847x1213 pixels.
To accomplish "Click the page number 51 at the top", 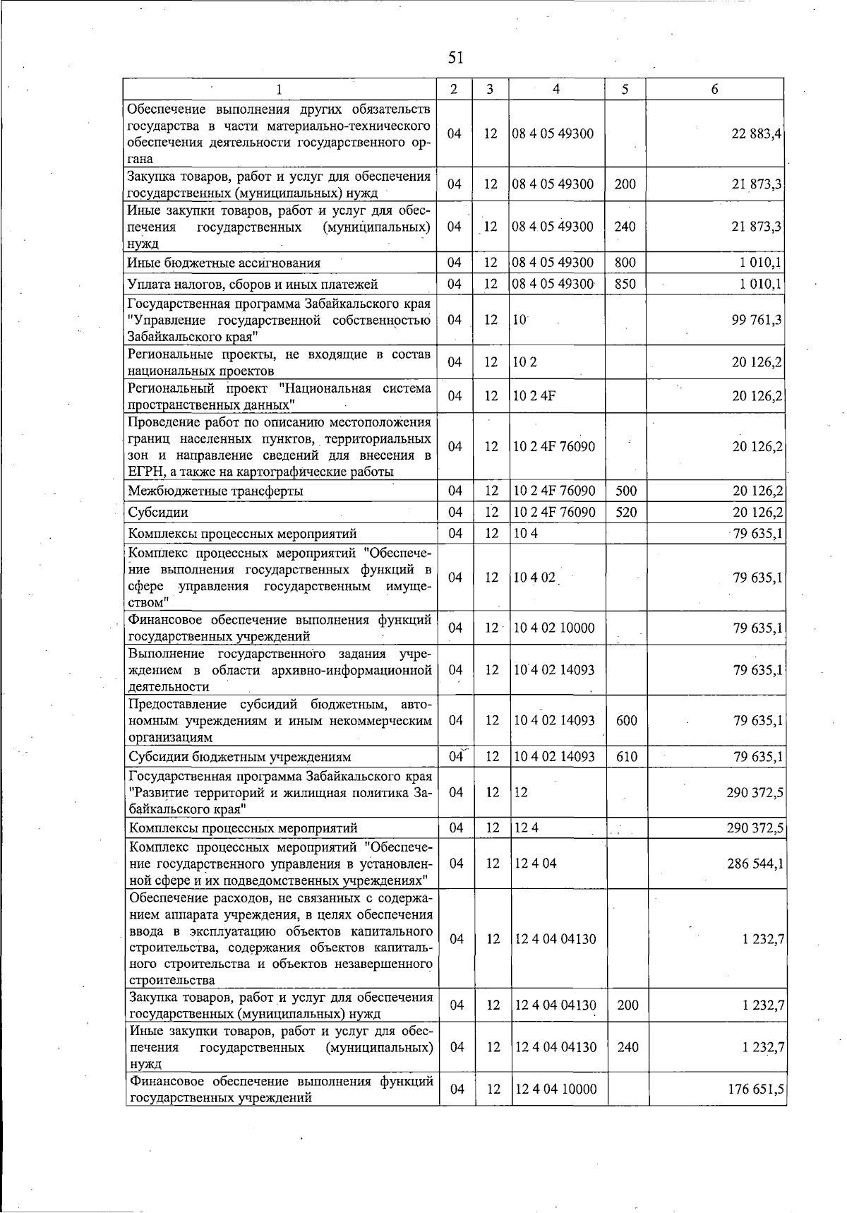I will click(455, 57).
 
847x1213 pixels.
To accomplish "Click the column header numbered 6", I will click(715, 90).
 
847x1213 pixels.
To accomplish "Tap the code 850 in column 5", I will click(625, 285).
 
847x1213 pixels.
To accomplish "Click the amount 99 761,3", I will click(757, 320).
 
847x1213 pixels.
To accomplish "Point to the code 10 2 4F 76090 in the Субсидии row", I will click(554, 513).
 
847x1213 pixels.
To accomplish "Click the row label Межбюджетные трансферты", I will click(216, 491).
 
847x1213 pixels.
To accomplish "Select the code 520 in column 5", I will click(626, 513).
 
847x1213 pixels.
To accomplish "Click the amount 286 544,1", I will click(755, 864).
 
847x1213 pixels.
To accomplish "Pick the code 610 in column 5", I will click(626, 758).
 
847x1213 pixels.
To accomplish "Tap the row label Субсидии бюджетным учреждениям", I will click(239, 758).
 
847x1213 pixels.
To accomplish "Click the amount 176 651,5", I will click(756, 1089).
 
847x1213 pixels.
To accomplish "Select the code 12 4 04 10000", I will click(555, 1089).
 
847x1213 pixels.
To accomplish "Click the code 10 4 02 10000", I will click(554, 628).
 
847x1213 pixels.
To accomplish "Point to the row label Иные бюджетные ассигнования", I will click(224, 263).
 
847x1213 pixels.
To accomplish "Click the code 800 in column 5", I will click(625, 263).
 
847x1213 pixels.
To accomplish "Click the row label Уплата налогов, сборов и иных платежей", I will click(253, 285).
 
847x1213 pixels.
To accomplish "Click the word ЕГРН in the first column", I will click(145, 472).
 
